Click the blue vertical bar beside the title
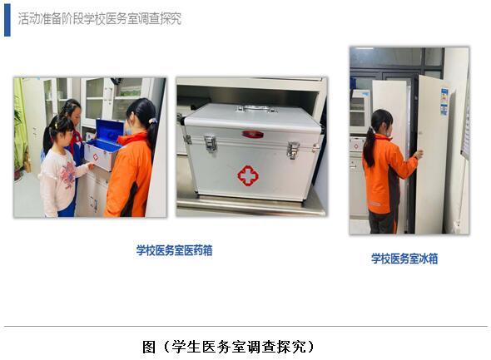(x=7, y=20)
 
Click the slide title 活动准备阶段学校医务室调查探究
(x=100, y=19)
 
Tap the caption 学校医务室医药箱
(x=174, y=250)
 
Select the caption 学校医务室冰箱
(x=404, y=259)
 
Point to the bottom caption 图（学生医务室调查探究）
(x=228, y=347)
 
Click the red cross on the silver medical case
(x=248, y=175)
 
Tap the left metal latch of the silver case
(x=211, y=143)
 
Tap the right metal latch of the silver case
(x=294, y=150)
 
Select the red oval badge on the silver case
(x=252, y=134)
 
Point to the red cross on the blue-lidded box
(x=95, y=157)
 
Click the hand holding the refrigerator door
(x=418, y=154)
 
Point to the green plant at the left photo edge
(x=19, y=128)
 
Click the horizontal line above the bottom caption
(x=245, y=326)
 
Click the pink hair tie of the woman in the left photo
(x=153, y=121)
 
